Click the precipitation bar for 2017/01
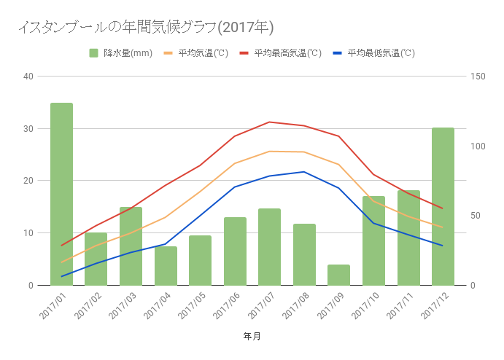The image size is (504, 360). [x=61, y=194]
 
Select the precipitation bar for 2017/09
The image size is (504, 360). [x=338, y=275]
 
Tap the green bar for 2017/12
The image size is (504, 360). [x=443, y=206]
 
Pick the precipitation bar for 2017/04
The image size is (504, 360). [x=166, y=265]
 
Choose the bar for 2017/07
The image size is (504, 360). [x=269, y=246]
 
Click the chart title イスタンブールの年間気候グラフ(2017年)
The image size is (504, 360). [x=145, y=27]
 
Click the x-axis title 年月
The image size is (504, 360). [x=252, y=336]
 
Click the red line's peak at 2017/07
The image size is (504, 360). [x=269, y=122]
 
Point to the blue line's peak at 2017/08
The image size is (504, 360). [x=304, y=172]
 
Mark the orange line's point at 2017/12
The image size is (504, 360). [x=443, y=227]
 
